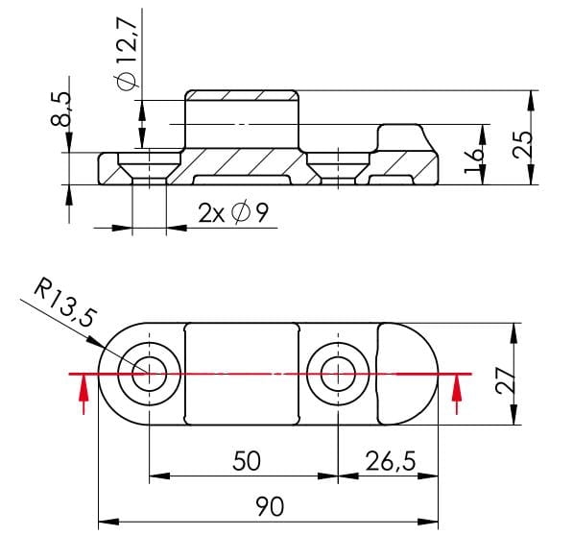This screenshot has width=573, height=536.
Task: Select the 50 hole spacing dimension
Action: click(x=247, y=460)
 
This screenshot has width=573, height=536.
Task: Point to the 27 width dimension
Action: click(x=509, y=373)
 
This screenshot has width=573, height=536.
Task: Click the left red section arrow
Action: click(x=84, y=392)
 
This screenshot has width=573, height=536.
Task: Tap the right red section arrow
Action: click(x=456, y=392)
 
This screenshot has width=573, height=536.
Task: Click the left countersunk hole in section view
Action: click(x=149, y=168)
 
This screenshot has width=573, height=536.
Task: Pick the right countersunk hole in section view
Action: click(x=338, y=168)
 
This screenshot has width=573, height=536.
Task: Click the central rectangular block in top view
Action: click(x=244, y=373)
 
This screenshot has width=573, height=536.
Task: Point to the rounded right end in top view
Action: click(x=413, y=373)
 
